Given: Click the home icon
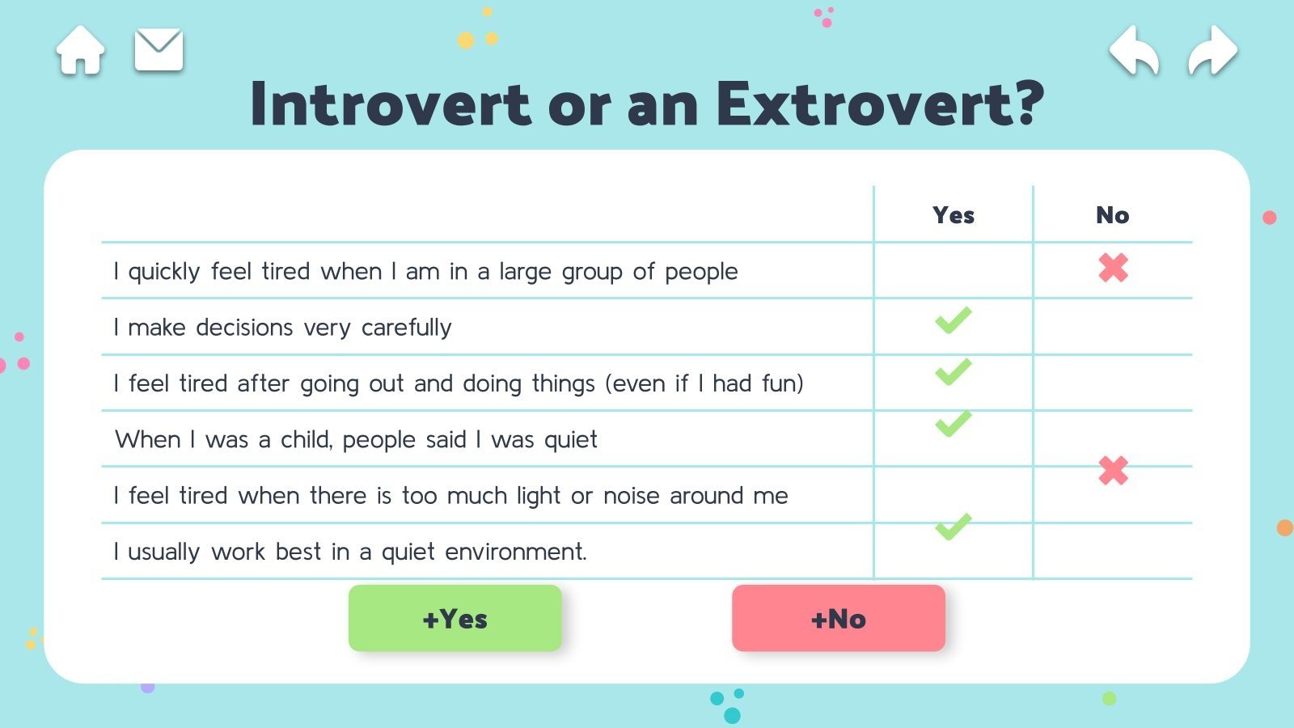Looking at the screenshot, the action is tap(80, 50).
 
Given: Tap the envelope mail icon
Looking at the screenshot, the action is tap(159, 49).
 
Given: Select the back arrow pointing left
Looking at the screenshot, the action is tap(1135, 50).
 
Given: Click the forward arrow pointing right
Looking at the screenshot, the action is tap(1212, 50).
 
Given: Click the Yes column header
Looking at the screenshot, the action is tap(954, 215).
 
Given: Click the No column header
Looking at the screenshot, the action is tap(1113, 215).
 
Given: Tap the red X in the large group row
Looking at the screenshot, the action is tap(1113, 268).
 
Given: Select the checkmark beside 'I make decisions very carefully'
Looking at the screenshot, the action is tap(954, 320).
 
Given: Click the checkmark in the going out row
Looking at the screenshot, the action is tap(954, 371).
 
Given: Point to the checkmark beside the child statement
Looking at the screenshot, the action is tap(954, 424).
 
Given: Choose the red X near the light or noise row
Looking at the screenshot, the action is tap(1113, 470).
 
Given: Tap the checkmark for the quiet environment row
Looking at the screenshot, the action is tap(954, 527).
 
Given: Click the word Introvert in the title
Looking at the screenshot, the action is tap(391, 104).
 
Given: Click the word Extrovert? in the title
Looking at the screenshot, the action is tap(881, 104).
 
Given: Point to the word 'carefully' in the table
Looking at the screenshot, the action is tap(406, 328).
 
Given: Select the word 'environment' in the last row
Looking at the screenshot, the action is tap(515, 552).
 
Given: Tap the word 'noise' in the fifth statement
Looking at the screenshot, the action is tap(631, 496).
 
